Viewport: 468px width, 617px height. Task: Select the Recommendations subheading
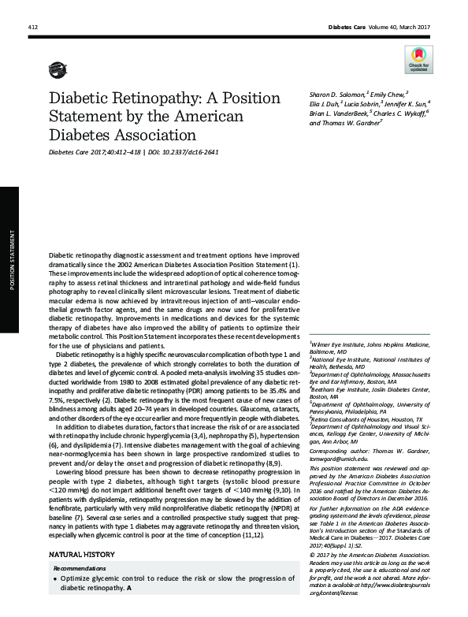(81, 568)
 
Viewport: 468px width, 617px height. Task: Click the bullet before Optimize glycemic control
(54, 578)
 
